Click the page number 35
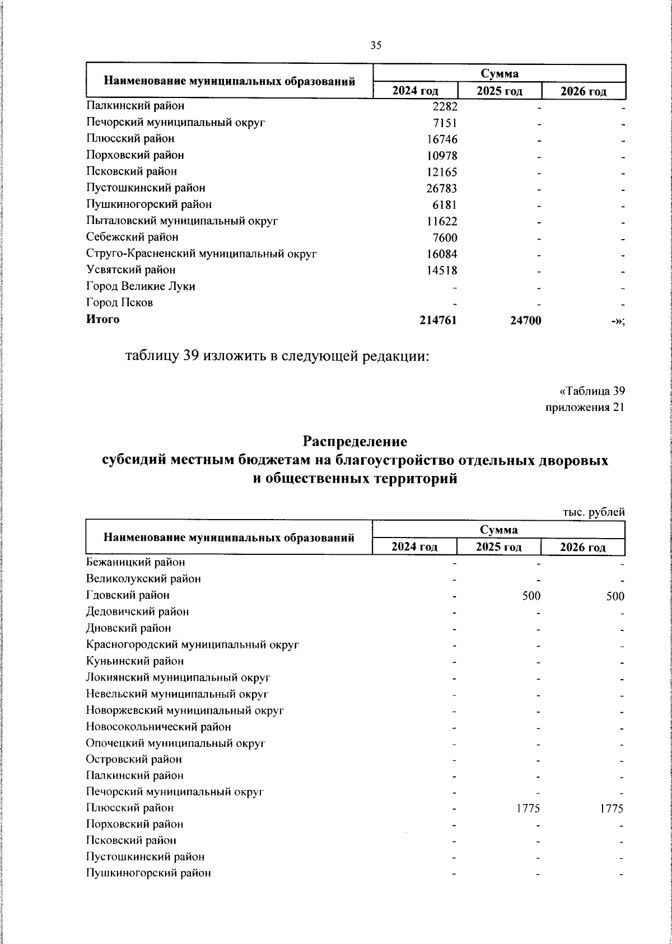point(376,46)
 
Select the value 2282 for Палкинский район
point(445,106)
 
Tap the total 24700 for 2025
point(525,320)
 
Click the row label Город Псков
point(119,303)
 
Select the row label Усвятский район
point(130,270)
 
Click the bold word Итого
point(102,319)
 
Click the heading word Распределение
point(355,441)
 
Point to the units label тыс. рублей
point(594,512)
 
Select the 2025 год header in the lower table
point(498,547)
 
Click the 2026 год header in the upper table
point(584,91)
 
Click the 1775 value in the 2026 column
point(612,809)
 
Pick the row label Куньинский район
point(135,661)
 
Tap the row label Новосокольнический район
point(158,727)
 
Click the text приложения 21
point(585,407)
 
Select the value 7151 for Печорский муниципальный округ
point(445,123)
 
